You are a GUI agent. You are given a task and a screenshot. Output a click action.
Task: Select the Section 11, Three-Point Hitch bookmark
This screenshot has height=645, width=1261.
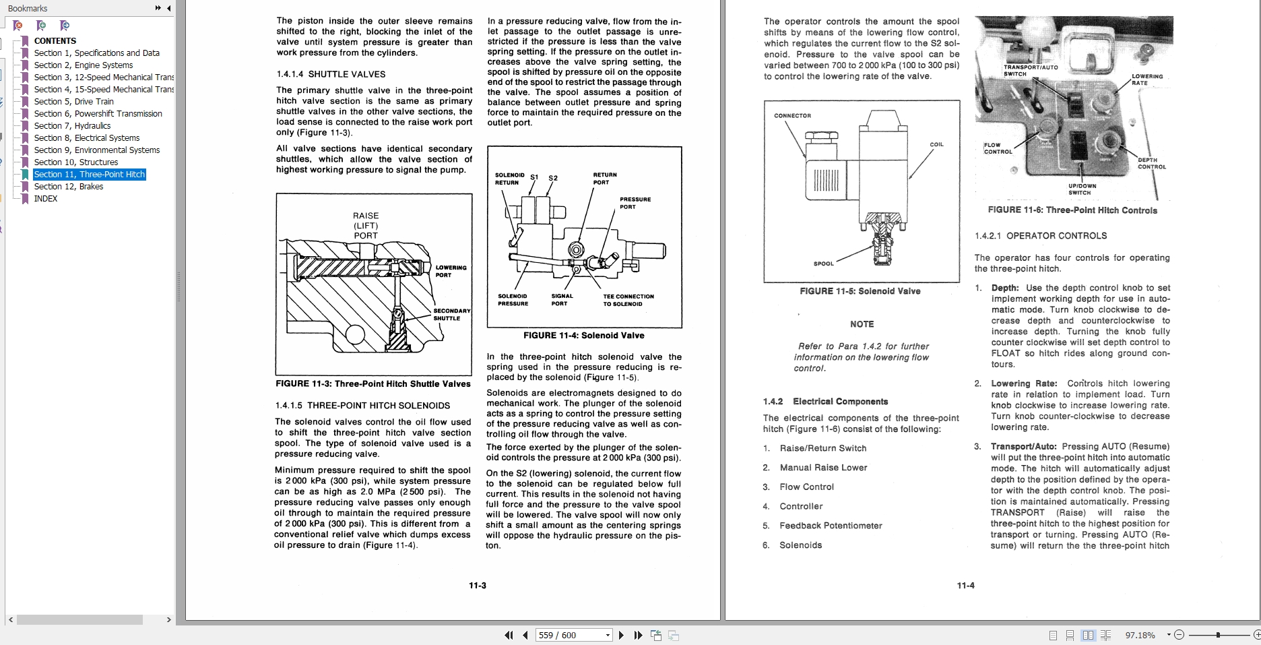point(89,175)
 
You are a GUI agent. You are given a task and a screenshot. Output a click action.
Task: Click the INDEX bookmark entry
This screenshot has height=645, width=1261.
point(46,199)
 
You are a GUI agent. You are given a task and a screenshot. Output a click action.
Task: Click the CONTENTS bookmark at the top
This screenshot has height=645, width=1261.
point(55,41)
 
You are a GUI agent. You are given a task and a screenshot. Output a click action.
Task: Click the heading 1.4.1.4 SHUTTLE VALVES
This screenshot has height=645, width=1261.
point(331,74)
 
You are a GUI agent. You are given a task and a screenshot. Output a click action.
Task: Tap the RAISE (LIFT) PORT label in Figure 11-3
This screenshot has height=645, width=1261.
point(366,226)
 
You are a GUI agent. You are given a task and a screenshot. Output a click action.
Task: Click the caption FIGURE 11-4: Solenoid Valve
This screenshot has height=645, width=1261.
point(583,336)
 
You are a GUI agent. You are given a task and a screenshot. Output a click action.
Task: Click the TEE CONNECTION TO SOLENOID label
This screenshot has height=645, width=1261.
point(628,300)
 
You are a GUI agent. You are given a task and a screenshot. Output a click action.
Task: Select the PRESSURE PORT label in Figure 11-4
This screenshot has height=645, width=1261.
point(635,203)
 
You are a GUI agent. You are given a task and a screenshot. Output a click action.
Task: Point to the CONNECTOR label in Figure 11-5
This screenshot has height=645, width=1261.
point(792,116)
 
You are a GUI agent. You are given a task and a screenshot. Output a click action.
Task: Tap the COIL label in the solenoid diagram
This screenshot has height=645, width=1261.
point(936,145)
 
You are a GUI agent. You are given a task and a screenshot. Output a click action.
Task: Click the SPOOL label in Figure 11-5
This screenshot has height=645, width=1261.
point(823,264)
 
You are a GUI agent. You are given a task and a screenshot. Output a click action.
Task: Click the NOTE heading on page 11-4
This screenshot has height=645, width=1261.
point(862,324)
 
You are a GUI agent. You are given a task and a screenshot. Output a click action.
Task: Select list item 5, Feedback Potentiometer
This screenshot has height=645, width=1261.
point(830,526)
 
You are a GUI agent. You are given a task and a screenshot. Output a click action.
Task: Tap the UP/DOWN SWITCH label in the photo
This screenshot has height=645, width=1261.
point(1082,189)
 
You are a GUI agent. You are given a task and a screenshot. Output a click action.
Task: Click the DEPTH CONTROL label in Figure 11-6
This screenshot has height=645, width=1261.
point(1151,163)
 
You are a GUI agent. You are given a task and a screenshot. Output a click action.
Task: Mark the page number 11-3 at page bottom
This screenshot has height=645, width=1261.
point(477,586)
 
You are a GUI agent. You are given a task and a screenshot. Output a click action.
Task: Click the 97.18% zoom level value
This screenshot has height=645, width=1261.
point(1140,635)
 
